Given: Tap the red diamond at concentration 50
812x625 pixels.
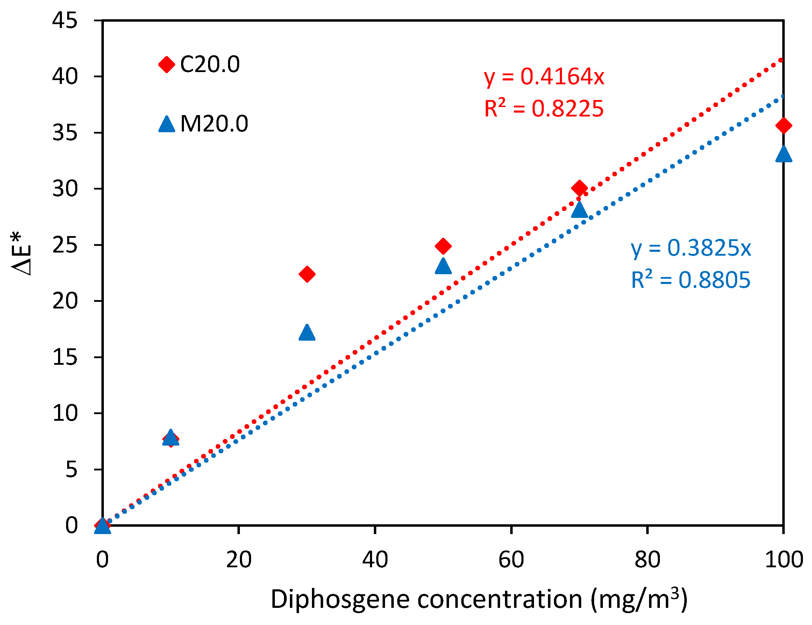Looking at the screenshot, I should pos(443,246).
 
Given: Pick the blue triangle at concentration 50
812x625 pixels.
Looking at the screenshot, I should pos(443,267).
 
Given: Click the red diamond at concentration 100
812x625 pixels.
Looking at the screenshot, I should pos(783,126).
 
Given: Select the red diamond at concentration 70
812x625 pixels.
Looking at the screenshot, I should pos(579,189).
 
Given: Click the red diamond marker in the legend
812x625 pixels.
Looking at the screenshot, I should pos(166,65).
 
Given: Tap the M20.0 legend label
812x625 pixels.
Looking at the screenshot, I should pos(214,124).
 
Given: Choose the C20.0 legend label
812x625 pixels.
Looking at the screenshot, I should pos(210,64).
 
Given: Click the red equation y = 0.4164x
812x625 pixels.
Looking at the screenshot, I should pos(544,77).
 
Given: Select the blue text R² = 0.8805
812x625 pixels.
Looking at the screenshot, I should pos(690,280).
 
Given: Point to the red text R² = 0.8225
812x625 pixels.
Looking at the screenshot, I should pos(543,108).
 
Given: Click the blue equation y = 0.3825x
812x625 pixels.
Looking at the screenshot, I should pos(691,248).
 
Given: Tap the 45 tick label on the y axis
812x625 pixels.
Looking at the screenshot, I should pos(65,20).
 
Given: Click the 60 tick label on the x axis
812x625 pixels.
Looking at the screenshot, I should pos(511,560).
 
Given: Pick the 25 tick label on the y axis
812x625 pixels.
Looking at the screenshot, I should pos(65,245).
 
